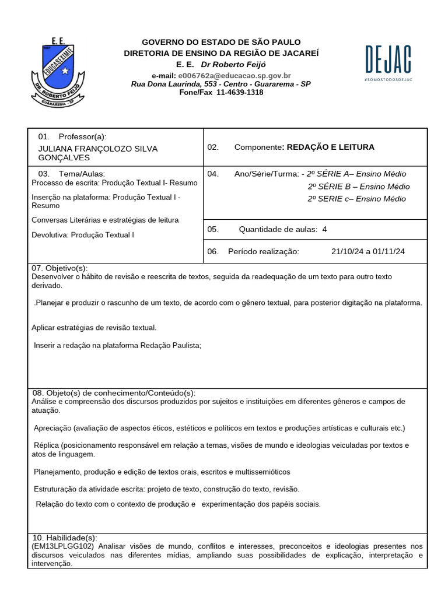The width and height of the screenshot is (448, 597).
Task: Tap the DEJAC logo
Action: (x=388, y=61)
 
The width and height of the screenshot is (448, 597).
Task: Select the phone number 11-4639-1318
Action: (x=239, y=92)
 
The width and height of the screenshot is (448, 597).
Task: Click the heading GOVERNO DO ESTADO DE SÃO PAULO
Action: (x=222, y=42)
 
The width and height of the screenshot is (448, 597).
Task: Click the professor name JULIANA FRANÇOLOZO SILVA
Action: (x=97, y=149)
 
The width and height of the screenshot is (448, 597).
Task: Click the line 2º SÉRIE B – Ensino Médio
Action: (x=358, y=187)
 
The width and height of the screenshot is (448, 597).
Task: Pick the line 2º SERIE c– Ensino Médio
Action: (x=356, y=199)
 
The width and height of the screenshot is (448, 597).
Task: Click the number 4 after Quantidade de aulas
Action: (x=324, y=229)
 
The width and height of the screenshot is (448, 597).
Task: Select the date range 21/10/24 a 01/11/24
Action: (x=367, y=251)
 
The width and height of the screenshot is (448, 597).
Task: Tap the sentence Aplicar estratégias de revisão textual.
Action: (x=94, y=328)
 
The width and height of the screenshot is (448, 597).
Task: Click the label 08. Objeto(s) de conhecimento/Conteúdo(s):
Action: (x=114, y=393)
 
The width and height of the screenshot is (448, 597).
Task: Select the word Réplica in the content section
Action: (x=46, y=445)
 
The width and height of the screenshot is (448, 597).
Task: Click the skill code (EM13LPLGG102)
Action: (x=63, y=546)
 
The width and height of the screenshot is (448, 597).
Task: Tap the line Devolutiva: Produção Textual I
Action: (x=83, y=234)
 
